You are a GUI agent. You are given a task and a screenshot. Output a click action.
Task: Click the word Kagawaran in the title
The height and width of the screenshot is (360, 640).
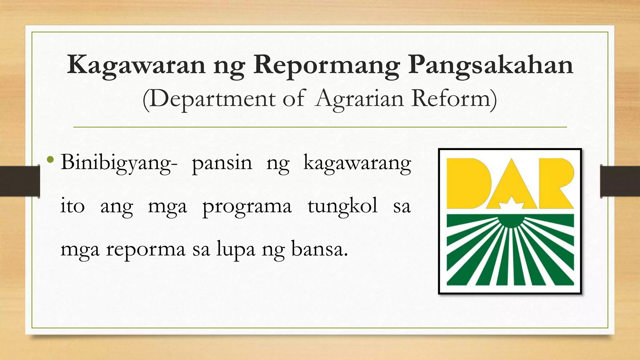tap(136, 65)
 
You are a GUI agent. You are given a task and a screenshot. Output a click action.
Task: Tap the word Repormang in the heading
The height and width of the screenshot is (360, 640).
tap(326, 65)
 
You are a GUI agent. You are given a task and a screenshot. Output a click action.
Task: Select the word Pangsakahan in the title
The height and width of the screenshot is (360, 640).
tap(490, 65)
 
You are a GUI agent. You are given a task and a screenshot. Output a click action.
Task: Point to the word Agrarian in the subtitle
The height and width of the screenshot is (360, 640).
tap(359, 99)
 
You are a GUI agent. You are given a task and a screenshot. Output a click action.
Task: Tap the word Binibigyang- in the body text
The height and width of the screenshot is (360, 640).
tap(119, 163)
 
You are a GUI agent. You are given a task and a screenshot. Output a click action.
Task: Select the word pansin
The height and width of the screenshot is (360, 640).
tap(222, 163)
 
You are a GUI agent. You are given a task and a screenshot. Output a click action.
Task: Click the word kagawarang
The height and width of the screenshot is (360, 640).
tap(357, 163)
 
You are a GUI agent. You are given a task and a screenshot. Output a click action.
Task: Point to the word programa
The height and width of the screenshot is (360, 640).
tap(247, 207)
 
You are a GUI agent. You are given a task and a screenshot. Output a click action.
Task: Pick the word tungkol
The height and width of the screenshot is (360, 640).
tap(342, 207)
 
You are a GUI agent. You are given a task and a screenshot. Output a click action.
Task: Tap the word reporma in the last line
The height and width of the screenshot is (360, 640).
tap(146, 250)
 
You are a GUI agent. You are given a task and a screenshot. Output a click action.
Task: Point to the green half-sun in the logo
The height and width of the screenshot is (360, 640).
tap(510, 221)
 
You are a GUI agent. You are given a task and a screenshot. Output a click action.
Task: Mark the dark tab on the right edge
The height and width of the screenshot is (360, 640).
tap(620, 181)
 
